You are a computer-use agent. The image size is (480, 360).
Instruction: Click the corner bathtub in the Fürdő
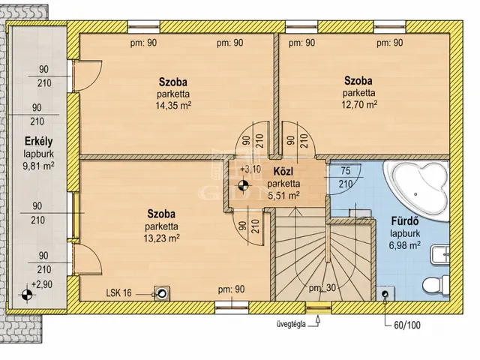(416, 189)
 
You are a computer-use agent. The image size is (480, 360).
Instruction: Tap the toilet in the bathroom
(436, 285)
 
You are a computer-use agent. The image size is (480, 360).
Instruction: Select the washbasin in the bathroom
(440, 254)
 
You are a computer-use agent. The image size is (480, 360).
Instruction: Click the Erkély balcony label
(38, 142)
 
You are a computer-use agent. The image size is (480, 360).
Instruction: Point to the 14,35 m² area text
(173, 106)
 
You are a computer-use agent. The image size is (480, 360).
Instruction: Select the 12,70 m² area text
(359, 104)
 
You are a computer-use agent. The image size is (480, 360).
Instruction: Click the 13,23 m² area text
(162, 238)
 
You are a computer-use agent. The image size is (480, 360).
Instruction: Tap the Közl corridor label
(283, 172)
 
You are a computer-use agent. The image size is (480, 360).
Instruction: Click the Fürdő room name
(405, 220)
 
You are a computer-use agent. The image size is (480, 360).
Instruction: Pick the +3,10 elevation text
(250, 169)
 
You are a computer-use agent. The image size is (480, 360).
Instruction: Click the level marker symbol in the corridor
(243, 185)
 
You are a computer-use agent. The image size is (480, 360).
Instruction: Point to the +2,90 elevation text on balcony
(42, 284)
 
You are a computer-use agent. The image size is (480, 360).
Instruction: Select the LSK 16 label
(118, 293)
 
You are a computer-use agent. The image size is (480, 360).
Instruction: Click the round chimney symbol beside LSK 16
(162, 293)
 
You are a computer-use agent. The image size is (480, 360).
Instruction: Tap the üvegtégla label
(291, 325)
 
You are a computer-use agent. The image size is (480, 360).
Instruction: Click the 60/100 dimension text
(407, 325)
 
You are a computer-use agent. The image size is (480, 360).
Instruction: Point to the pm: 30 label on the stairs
(322, 288)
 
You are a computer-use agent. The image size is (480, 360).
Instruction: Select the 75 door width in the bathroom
(346, 170)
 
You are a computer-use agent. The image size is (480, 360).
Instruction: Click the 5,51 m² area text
(283, 195)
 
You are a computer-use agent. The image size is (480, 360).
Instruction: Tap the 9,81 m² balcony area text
(38, 166)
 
